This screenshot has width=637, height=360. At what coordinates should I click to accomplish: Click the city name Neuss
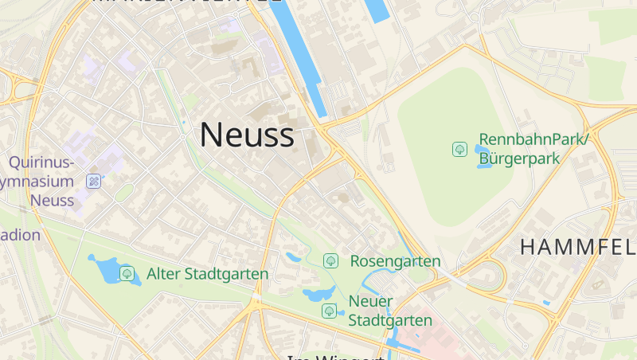point(246,135)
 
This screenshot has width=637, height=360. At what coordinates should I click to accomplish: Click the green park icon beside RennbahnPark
point(459,149)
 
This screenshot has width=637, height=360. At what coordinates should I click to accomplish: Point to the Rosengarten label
point(395,261)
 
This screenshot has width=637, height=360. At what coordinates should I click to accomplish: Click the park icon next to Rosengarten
point(330,261)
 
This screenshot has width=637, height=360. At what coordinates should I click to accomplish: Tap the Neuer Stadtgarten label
point(390,311)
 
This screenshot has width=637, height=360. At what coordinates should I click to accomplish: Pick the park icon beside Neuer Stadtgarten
point(329,311)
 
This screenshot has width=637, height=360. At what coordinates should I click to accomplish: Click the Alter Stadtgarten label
point(207,274)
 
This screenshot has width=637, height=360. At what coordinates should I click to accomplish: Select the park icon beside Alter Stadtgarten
point(127,274)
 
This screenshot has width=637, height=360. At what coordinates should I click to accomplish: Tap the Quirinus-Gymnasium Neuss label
point(44,181)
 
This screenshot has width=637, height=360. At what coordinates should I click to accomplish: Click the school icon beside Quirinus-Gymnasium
point(94,182)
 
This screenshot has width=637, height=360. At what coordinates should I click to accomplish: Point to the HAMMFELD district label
point(577,247)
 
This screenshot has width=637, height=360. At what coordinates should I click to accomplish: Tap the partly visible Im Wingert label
point(334,357)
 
